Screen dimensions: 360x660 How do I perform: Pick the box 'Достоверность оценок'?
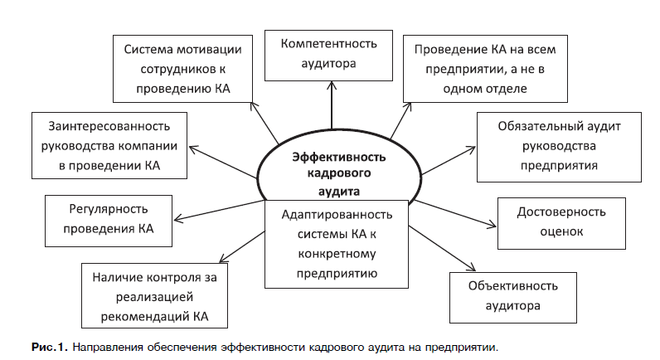(x=548, y=223)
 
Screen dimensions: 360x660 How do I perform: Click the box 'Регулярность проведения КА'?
(x=107, y=220)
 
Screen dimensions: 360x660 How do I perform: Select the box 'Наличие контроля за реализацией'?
(x=155, y=296)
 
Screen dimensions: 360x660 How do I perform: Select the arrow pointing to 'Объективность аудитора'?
(x=448, y=257)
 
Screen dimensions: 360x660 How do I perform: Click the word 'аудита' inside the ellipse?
(x=329, y=189)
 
